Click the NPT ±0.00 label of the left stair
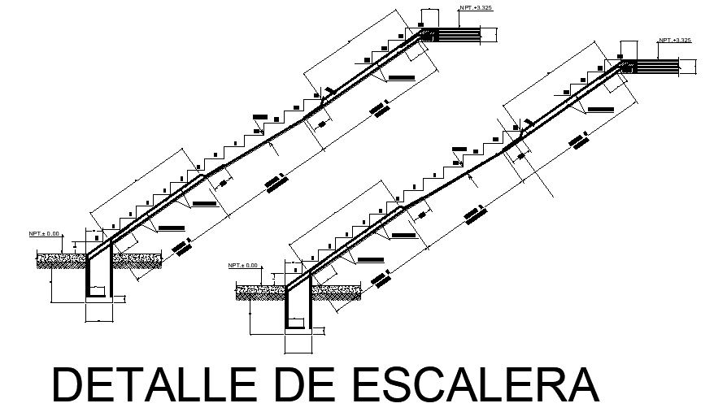[45, 234]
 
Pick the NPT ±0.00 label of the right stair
[242, 265]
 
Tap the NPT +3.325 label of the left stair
[476, 7]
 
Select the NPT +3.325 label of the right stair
[675, 40]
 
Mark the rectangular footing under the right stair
[297, 308]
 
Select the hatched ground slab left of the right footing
[260, 291]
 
